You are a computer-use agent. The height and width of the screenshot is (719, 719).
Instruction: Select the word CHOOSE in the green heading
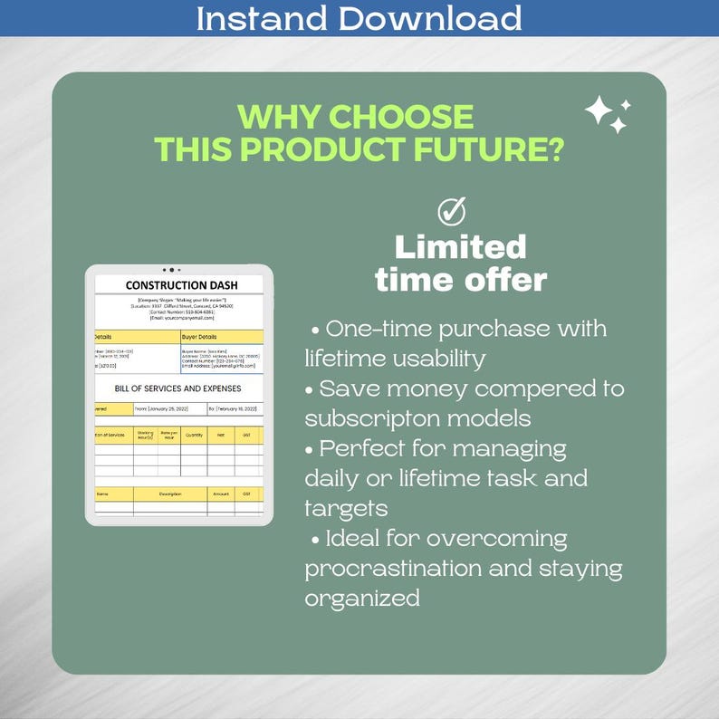[x=400, y=117]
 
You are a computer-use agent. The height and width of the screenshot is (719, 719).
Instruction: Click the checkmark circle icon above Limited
[x=451, y=212]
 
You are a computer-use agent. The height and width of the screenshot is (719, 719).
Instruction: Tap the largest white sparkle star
[x=599, y=111]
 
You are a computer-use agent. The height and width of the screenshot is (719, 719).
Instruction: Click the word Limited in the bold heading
[x=460, y=246]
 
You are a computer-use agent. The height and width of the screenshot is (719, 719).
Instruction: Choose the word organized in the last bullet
[x=362, y=599]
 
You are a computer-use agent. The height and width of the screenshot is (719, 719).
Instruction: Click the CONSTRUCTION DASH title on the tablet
[x=181, y=285]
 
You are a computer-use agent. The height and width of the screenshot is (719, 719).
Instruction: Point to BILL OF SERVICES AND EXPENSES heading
[x=178, y=388]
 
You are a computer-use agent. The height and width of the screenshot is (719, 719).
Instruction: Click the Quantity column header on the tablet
[x=194, y=436]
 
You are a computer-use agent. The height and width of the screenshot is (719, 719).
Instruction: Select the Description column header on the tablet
[x=171, y=494]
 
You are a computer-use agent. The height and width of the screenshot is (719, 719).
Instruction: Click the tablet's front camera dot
[x=171, y=270]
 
